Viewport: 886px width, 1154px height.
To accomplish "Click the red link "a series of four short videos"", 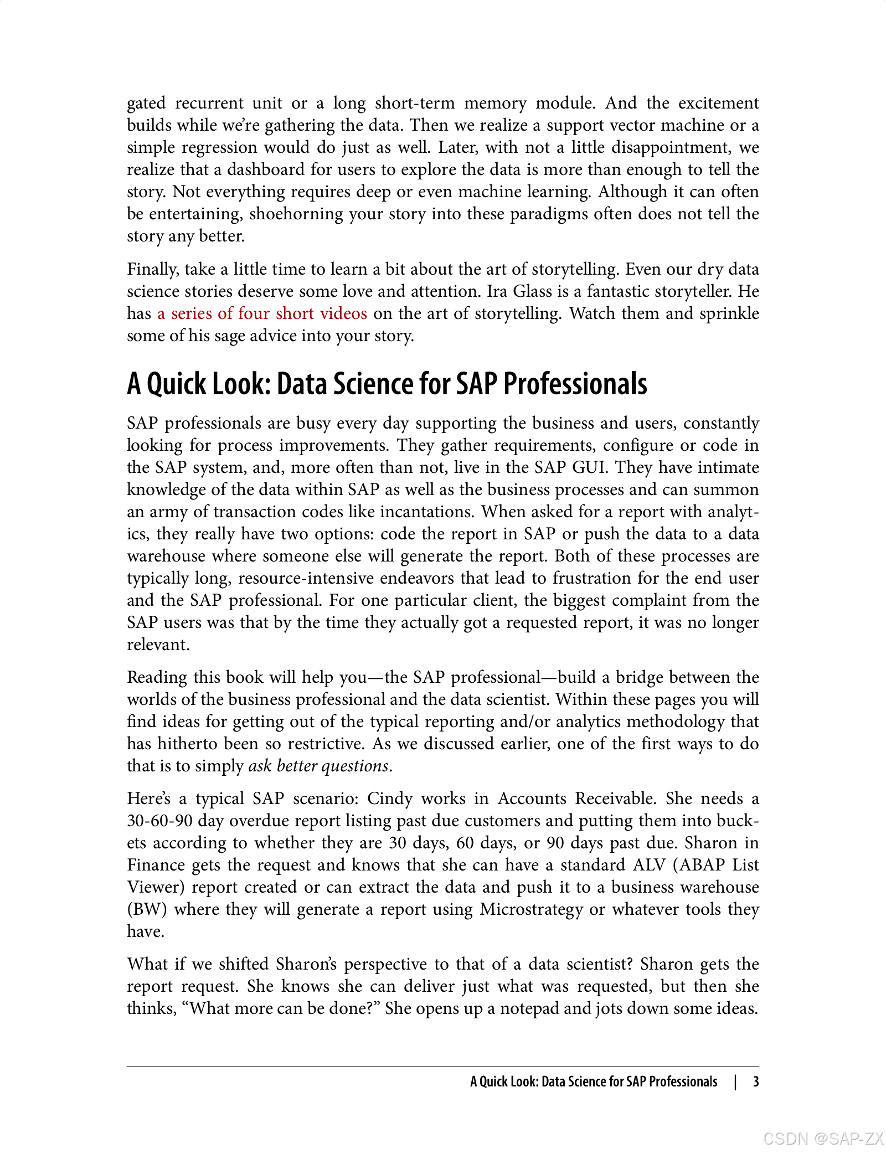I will click(x=262, y=313).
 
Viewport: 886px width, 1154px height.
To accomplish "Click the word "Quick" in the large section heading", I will click(x=178, y=384).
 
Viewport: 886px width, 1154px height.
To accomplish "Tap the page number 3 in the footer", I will click(x=755, y=1081).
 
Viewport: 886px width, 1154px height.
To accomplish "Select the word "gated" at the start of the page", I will click(x=146, y=104).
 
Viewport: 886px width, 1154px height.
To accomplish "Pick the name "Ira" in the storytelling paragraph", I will click(x=498, y=291).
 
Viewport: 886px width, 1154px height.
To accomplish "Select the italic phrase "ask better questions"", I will click(x=318, y=766).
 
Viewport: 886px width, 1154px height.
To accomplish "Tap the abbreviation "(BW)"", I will click(x=147, y=909).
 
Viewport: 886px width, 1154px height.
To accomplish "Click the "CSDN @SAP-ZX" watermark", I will click(x=823, y=1138).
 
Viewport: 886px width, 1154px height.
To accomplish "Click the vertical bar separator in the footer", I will click(x=735, y=1081).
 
